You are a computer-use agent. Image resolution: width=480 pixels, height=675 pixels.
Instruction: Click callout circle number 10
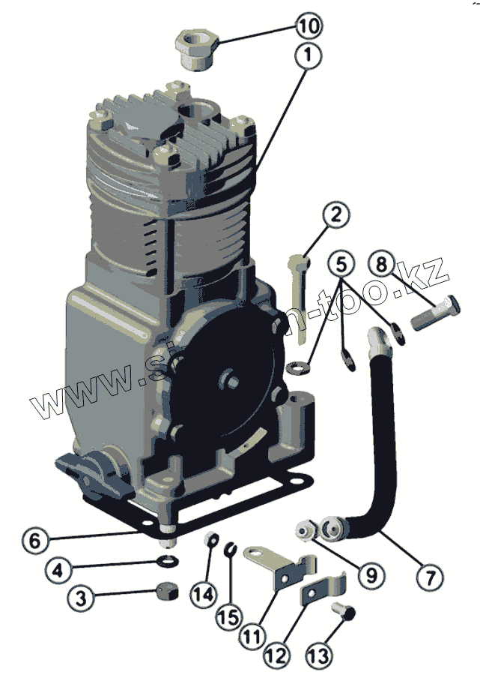308,26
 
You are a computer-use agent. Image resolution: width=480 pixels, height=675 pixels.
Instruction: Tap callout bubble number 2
336,216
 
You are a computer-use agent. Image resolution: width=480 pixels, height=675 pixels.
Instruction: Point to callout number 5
341,264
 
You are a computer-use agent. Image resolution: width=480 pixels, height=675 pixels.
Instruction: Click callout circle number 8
382,264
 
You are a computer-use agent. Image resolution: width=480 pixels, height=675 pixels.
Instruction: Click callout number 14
202,595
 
